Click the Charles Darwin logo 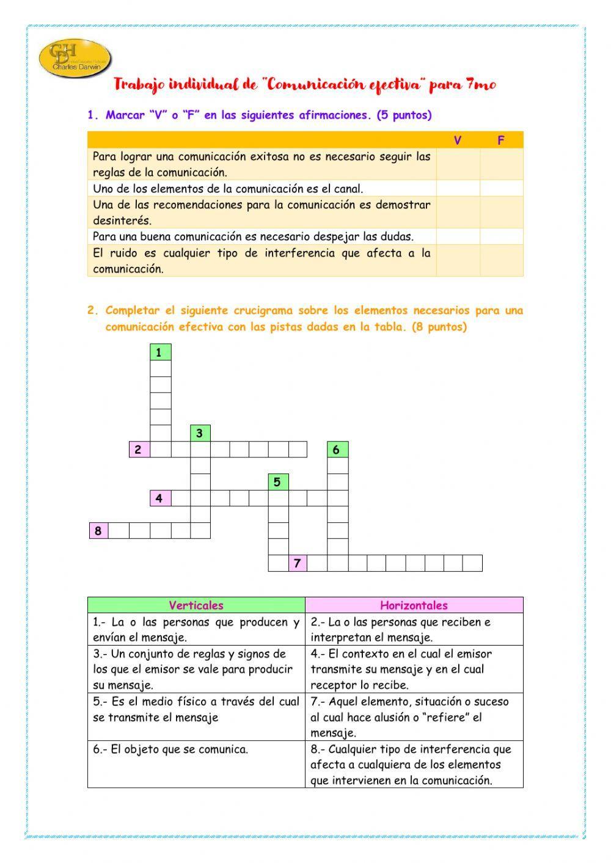pos(75,59)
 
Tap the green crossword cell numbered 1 pos(160,352)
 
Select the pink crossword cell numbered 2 pos(139,450)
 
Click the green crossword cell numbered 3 pos(200,434)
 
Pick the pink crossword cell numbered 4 pos(160,498)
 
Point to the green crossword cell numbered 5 pos(278,482)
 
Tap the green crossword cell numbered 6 pos(337,450)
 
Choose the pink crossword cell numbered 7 pos(298,563)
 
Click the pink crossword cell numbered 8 pos(99,531)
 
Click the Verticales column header pos(196,605)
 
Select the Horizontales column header pos(414,605)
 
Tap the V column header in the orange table pos(458,140)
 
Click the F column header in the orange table pos(501,140)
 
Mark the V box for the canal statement pos(458,188)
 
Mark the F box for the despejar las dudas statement pos(501,236)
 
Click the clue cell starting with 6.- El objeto pos(196,764)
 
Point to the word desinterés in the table pos(122,220)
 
